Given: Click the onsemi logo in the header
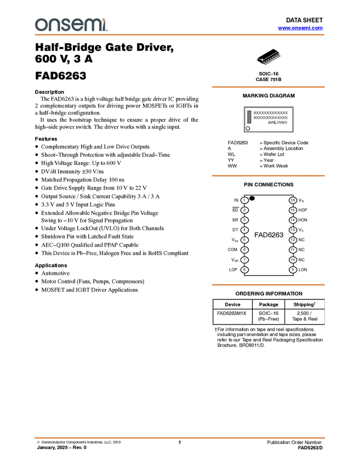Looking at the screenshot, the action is [x=71, y=25].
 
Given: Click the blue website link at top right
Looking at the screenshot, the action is [x=300, y=28].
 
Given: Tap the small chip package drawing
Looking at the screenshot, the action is [x=269, y=59].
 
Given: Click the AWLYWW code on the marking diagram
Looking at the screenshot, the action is [x=277, y=123].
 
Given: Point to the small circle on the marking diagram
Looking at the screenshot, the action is [x=248, y=128].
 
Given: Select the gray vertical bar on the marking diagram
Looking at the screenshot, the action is [x=249, y=116].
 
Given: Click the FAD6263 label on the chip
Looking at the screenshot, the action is [x=268, y=235].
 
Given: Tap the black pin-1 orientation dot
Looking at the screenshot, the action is [x=252, y=198].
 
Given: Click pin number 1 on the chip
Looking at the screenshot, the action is [x=244, y=200].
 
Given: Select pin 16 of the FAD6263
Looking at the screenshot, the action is [x=293, y=200].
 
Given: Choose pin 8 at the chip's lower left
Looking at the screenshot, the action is [x=244, y=269].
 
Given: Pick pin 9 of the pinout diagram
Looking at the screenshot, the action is [x=293, y=269].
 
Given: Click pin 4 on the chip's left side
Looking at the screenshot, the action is [x=244, y=230].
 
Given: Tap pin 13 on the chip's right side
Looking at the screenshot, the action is [x=293, y=230].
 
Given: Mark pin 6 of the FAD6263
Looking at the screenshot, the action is [x=244, y=249].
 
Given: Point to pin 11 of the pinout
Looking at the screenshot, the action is [x=293, y=249].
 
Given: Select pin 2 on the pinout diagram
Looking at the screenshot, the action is [x=244, y=210].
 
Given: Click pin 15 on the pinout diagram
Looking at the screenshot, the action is [x=293, y=210].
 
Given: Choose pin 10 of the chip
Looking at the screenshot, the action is [x=293, y=259].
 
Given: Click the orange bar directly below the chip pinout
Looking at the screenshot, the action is [x=268, y=285].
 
